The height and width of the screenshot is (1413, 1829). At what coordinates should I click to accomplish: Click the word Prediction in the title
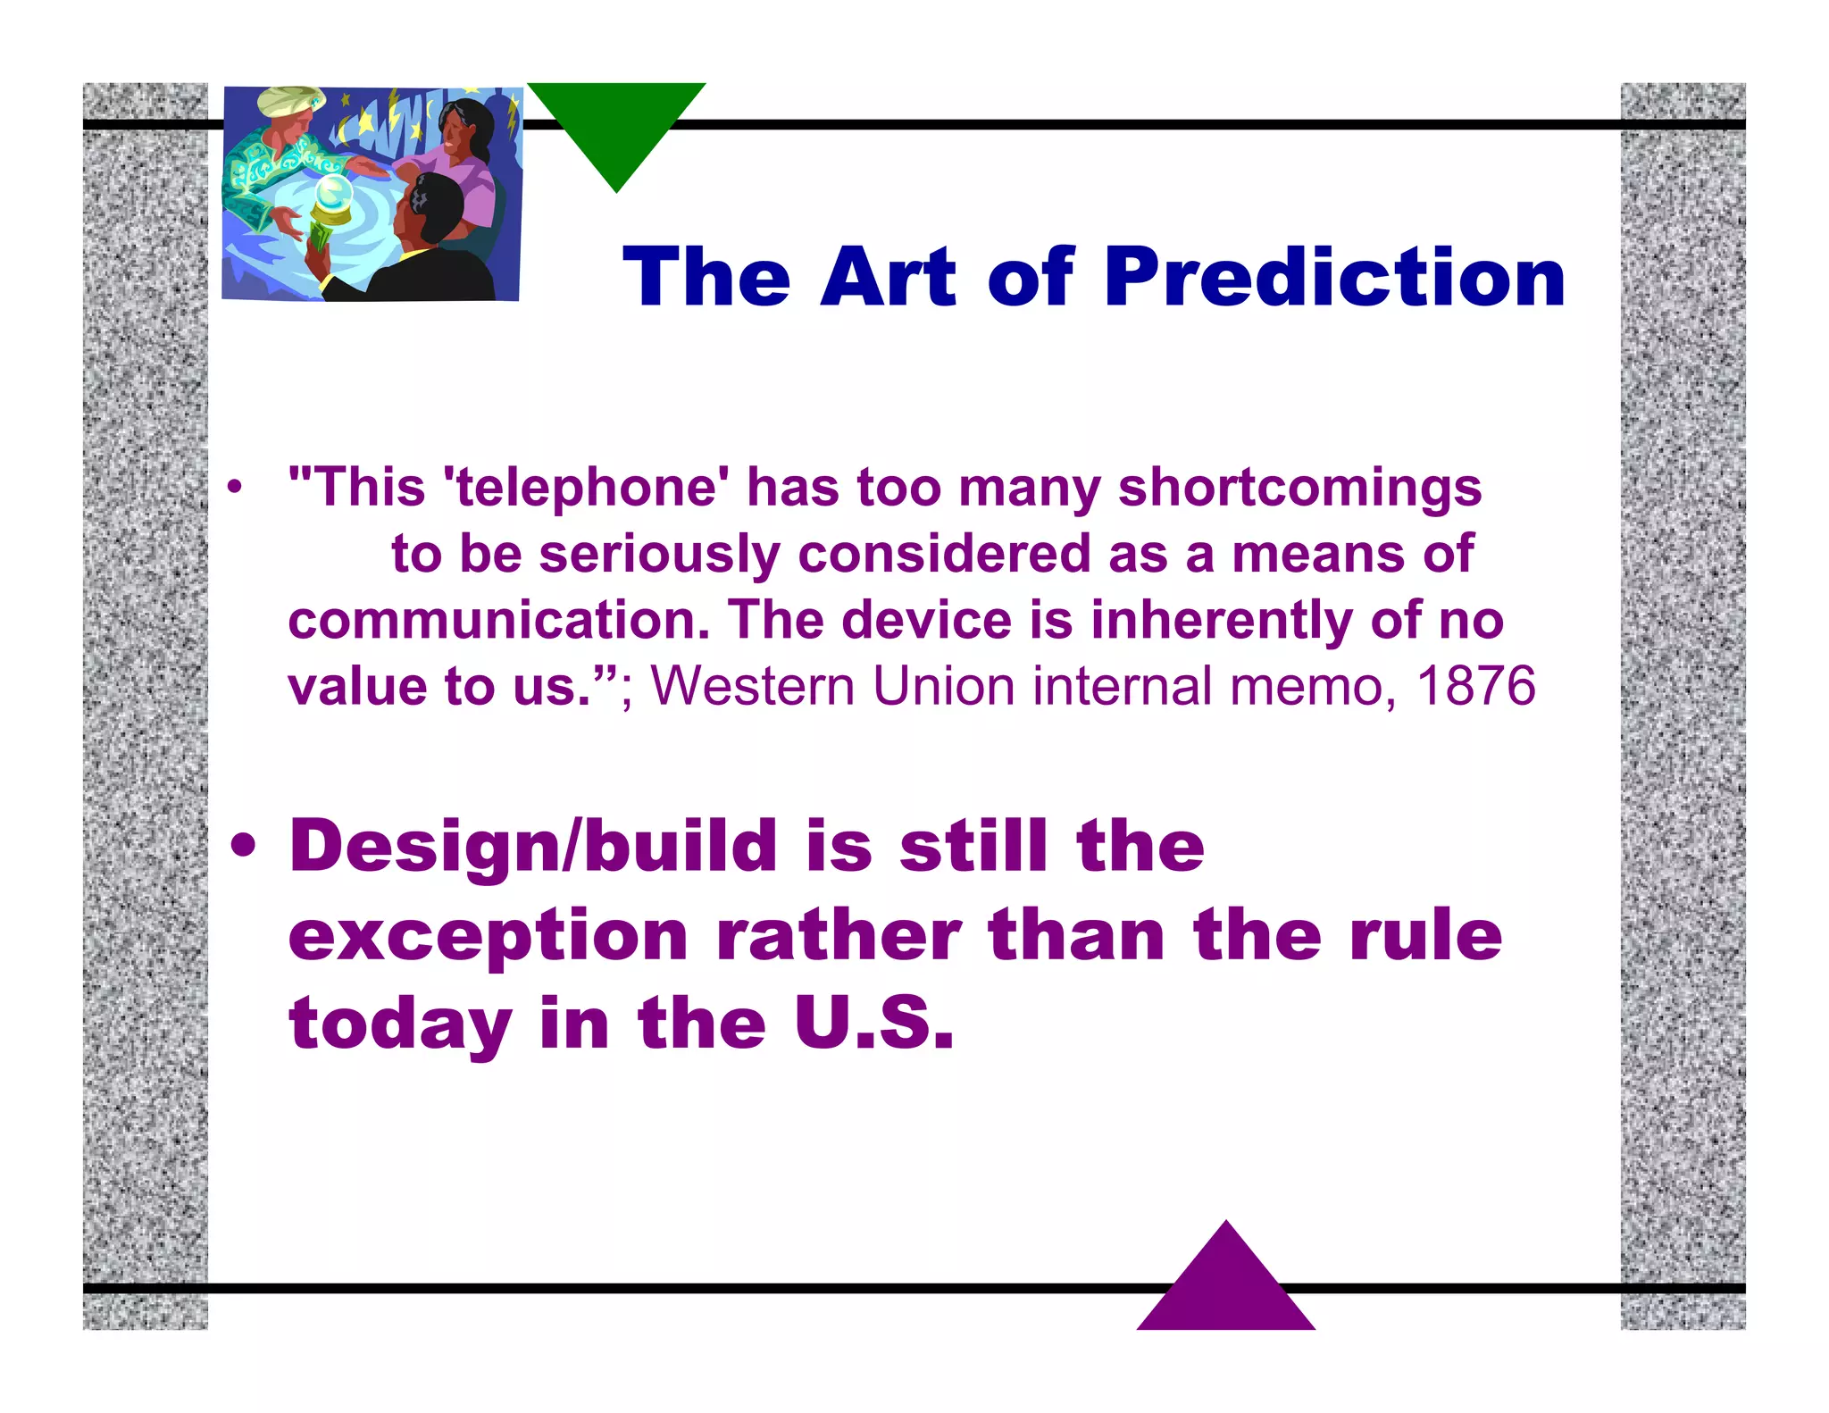1334,278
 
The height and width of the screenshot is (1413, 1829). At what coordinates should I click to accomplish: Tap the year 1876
1475,686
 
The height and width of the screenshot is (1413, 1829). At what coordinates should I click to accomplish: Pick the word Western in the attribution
753,686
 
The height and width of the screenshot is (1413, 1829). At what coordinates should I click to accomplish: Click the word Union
943,686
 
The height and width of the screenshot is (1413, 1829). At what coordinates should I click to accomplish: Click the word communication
498,620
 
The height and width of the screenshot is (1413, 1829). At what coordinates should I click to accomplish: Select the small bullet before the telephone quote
234,488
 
